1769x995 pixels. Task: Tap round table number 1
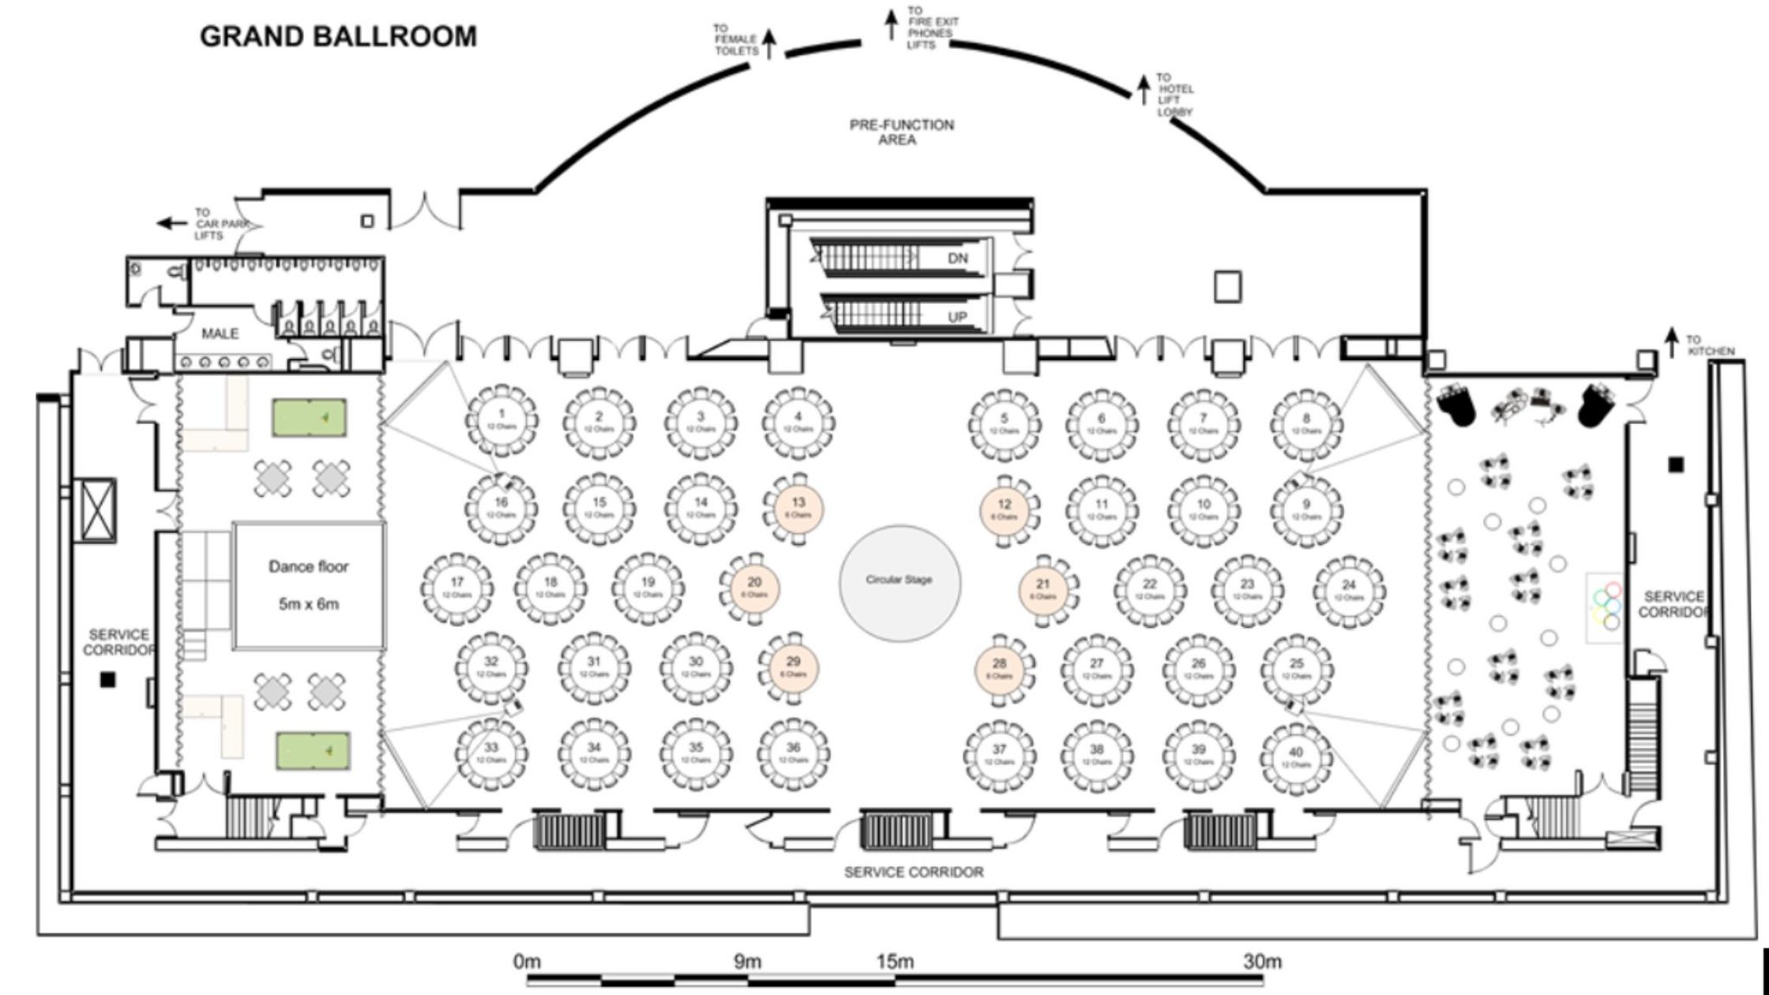pyautogui.click(x=502, y=421)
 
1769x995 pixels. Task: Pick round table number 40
pyautogui.click(x=1296, y=757)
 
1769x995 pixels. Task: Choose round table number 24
pyautogui.click(x=1348, y=590)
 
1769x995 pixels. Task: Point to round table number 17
pyautogui.click(x=457, y=587)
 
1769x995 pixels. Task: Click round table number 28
pyautogui.click(x=999, y=668)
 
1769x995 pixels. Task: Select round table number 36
pyautogui.click(x=793, y=752)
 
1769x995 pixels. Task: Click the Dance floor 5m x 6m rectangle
pyautogui.click(x=308, y=585)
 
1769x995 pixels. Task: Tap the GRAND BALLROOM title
pyautogui.click(x=338, y=36)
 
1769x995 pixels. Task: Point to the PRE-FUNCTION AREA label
pyautogui.click(x=901, y=131)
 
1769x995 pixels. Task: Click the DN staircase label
pyautogui.click(x=958, y=258)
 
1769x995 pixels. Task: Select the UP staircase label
pyautogui.click(x=957, y=317)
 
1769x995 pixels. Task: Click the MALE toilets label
pyautogui.click(x=219, y=333)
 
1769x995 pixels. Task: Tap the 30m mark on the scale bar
pyautogui.click(x=1262, y=960)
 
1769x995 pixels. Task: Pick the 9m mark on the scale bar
pyautogui.click(x=747, y=960)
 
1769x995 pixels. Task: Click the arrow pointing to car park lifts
pyautogui.click(x=172, y=224)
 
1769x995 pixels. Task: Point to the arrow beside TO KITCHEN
pyautogui.click(x=1671, y=340)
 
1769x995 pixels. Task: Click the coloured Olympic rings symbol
pyautogui.click(x=1607, y=606)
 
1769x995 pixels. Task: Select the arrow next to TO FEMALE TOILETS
pyautogui.click(x=768, y=43)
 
